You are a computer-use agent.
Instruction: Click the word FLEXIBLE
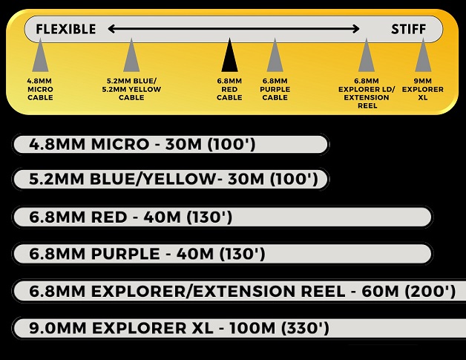coord(66,29)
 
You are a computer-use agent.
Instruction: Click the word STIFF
coord(409,29)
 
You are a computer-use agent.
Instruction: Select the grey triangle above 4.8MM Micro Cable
coord(40,57)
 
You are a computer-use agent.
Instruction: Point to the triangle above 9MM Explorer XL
coord(423,57)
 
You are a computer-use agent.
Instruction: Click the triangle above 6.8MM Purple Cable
coord(275,57)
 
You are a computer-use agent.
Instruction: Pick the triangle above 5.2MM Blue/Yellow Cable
coord(131,57)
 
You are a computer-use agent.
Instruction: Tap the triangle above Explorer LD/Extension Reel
coord(367,57)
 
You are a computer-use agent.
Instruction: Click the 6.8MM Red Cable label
coord(229,89)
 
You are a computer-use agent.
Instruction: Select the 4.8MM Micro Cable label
coord(40,89)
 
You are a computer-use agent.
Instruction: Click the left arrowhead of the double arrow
coord(112,29)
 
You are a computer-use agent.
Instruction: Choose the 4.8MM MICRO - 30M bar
coord(171,144)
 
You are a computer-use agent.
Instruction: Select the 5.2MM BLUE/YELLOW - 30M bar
coord(171,180)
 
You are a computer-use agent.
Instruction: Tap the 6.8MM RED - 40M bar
coord(223,217)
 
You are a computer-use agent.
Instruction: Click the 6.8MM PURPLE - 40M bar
coord(223,254)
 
